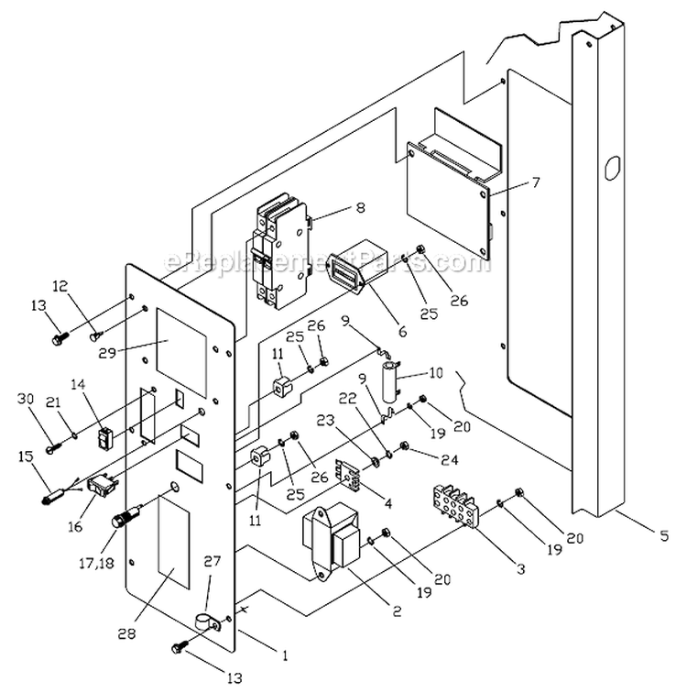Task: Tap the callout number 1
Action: (x=284, y=655)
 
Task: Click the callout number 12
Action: (x=85, y=287)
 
